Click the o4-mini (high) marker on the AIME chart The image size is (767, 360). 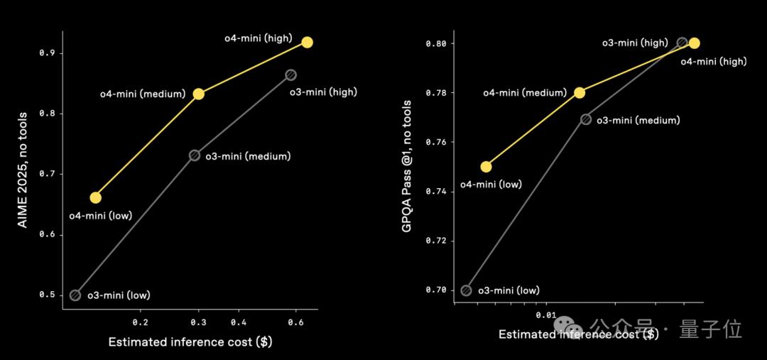[x=307, y=42]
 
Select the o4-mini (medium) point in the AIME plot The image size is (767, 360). [x=199, y=94]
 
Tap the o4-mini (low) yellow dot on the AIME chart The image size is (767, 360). [x=95, y=197]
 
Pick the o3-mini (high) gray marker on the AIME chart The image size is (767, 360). [x=290, y=75]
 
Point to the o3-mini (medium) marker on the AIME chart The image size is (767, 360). [x=195, y=155]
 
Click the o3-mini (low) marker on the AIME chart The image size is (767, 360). [x=75, y=295]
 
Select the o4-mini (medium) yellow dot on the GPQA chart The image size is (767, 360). [x=580, y=92]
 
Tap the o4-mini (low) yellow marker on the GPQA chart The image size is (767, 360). [x=486, y=167]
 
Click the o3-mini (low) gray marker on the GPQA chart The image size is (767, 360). [x=466, y=290]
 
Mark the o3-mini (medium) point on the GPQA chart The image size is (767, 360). [x=586, y=119]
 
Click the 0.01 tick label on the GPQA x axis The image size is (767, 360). [x=545, y=314]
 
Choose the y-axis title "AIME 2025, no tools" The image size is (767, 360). [x=23, y=169]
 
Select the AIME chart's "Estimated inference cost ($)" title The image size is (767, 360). [x=190, y=342]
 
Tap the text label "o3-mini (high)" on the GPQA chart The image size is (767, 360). [x=635, y=43]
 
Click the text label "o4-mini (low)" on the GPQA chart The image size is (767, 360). [x=491, y=185]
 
